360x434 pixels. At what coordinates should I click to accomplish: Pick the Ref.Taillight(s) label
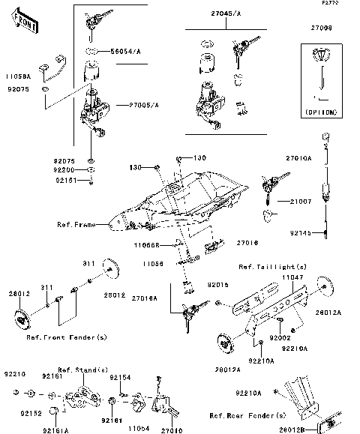[x=272, y=267]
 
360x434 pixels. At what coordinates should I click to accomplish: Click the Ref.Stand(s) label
[x=83, y=370]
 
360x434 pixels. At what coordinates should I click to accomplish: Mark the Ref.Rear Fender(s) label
[x=243, y=415]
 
